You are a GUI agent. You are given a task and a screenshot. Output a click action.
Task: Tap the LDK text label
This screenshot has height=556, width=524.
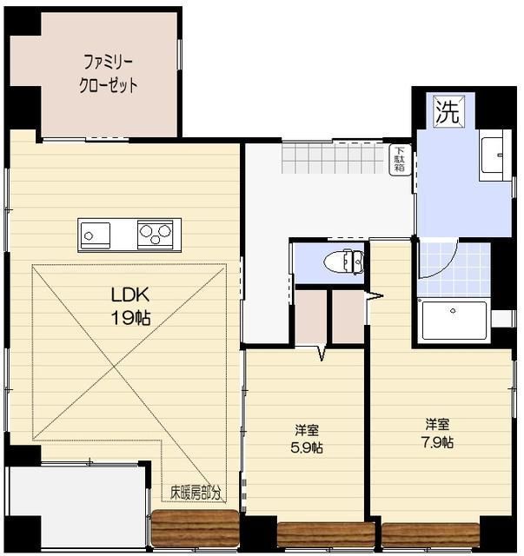click(128, 295)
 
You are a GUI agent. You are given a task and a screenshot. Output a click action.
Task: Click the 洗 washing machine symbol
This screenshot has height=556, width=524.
click(448, 111)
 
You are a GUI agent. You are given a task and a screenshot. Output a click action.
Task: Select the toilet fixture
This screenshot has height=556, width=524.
click(345, 261)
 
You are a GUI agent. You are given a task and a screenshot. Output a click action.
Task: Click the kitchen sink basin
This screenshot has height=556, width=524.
click(95, 234)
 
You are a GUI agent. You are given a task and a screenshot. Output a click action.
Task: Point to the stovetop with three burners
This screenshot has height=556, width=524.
click(156, 233)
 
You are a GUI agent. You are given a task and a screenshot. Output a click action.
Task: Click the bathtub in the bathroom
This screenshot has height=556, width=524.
click(453, 321)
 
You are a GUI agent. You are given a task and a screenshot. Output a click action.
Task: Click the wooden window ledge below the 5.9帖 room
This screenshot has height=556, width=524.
click(325, 533)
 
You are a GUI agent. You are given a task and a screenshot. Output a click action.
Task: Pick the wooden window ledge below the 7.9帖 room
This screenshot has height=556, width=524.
click(430, 533)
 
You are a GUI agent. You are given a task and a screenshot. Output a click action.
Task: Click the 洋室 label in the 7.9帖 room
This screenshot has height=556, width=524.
click(437, 424)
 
